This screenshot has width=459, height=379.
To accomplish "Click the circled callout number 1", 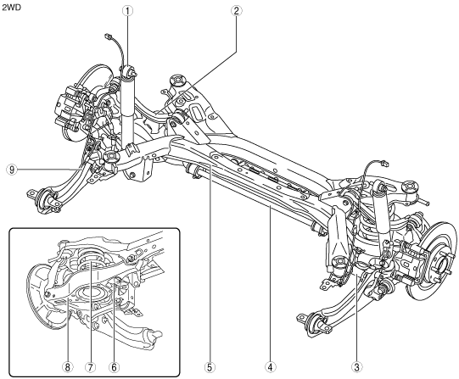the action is click(127, 11).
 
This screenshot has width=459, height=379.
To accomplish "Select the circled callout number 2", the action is click(236, 11).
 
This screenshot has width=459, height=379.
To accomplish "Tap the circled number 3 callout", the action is click(356, 367).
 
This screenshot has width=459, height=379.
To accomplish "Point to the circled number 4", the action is click(270, 367).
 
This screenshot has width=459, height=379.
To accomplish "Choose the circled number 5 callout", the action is click(210, 367).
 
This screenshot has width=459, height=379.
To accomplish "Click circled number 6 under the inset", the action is click(114, 367).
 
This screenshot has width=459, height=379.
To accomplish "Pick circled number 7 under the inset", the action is click(91, 367).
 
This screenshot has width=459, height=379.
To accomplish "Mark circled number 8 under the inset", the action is click(67, 367).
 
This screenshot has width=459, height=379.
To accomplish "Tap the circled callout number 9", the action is click(12, 170).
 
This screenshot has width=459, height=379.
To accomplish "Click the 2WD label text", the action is click(11, 8).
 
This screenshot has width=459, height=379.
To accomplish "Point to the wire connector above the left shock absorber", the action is click(108, 36).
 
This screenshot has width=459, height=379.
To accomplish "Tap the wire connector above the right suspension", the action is click(385, 164).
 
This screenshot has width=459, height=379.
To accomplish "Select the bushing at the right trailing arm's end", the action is click(316, 321).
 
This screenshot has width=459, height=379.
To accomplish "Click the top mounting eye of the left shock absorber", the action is click(129, 72).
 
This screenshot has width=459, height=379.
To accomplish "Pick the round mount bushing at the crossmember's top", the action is click(177, 80).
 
